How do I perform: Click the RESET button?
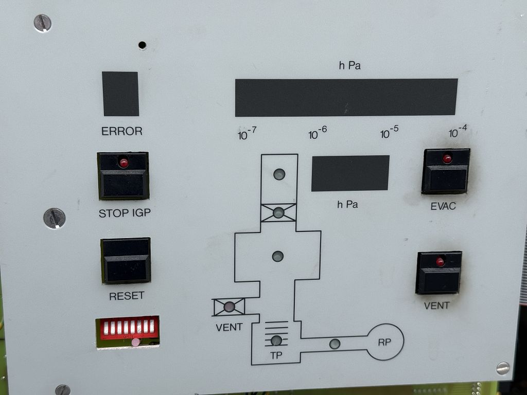point(126,260)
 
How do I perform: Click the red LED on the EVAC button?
point(447,159)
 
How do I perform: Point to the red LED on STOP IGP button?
point(124,163)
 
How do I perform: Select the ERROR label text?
point(122,131)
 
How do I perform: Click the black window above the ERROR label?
point(120,94)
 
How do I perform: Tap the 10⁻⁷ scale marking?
point(247,135)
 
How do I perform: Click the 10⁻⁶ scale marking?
point(318,134)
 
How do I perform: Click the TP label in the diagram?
point(276,355)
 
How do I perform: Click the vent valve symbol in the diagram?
point(229,307)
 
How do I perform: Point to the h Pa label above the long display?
point(349,66)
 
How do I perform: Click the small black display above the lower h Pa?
point(350,173)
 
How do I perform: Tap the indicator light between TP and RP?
point(335,344)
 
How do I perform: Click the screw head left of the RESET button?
point(54,218)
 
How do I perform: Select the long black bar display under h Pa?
point(346,97)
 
